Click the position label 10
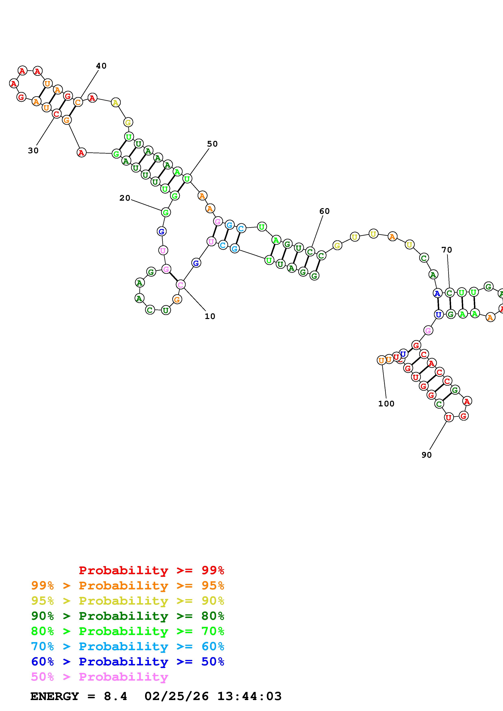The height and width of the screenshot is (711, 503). click(x=210, y=316)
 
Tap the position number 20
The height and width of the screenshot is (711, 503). click(x=125, y=198)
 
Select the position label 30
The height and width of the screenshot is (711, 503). click(x=33, y=151)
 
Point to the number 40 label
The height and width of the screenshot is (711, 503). click(x=101, y=66)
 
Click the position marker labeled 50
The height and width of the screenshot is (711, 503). click(x=212, y=144)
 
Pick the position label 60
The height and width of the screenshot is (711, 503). click(x=324, y=211)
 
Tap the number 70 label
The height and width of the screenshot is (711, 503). click(x=447, y=249)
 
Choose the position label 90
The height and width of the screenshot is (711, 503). click(x=427, y=455)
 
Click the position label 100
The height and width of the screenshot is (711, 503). click(x=386, y=404)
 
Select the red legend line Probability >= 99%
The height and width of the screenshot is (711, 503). click(x=151, y=570)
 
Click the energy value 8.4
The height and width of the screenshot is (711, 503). click(x=115, y=696)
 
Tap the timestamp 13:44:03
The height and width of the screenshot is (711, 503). click(x=249, y=696)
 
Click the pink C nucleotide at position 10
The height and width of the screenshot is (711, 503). click(x=180, y=284)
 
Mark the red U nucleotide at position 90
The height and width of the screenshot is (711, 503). click(x=448, y=418)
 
